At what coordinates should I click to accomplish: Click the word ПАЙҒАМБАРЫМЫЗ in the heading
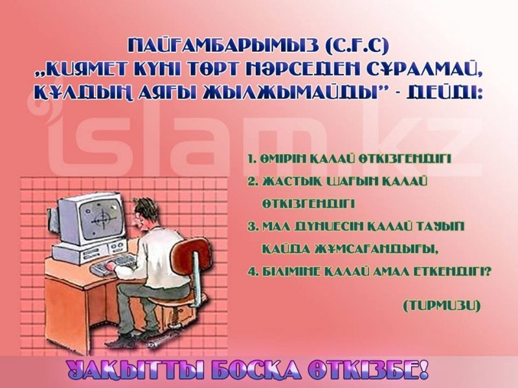click(x=223, y=46)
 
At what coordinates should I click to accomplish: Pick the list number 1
click(x=252, y=159)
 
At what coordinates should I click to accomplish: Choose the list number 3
click(x=252, y=227)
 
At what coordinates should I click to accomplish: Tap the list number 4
click(x=252, y=272)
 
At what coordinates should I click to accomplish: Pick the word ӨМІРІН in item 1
click(x=285, y=159)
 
